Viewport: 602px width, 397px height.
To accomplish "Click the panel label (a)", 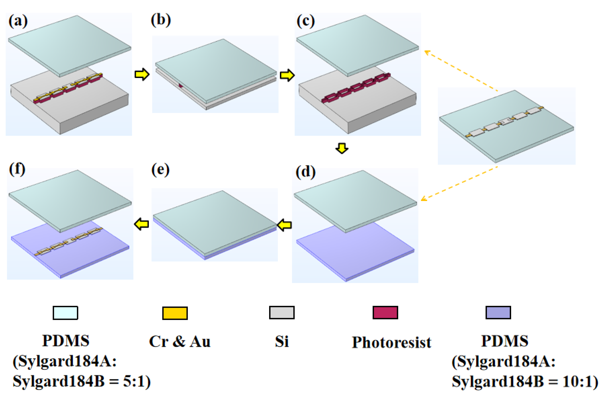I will point(18,21).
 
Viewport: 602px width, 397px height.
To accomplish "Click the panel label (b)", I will point(161,20).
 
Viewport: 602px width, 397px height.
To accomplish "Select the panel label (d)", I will point(305,172).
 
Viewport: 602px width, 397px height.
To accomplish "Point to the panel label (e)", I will point(160,170).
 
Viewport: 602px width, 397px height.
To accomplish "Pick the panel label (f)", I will point(17,169).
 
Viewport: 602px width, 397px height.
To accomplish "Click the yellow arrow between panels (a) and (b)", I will point(142,74).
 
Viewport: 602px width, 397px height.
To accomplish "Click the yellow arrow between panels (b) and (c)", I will point(287,75).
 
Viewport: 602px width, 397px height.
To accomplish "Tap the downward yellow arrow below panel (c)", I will point(342,148).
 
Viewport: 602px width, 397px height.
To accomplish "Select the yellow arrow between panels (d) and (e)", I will point(284,225).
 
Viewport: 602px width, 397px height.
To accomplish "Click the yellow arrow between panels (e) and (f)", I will point(142,224).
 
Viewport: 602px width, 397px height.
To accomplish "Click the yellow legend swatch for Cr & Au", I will point(175,313).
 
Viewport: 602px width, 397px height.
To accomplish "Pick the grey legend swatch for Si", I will point(282,313).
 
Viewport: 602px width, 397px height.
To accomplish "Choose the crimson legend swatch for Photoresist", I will point(385,313).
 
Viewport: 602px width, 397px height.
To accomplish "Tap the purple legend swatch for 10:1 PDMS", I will point(498,313).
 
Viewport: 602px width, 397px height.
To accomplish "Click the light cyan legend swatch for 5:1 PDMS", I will point(65,313).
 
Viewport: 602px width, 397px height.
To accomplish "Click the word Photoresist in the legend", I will point(391,343).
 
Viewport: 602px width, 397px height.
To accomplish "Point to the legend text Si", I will point(282,341).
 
